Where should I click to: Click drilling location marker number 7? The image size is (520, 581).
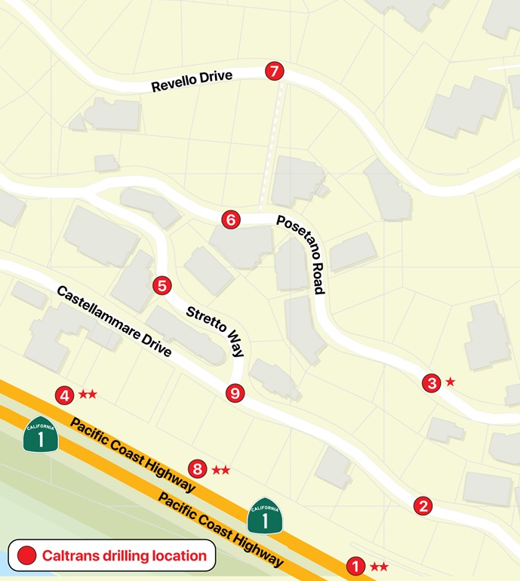pos(274,72)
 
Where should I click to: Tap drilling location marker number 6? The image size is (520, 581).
pos(231,220)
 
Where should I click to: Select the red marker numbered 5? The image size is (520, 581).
pos(162,285)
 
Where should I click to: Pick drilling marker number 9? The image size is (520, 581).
pos(235,392)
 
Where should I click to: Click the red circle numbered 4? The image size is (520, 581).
pos(65,395)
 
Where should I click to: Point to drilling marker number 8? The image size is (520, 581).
pos(197,469)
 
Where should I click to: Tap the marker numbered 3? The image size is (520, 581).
pos(431,383)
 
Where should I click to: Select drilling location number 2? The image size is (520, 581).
pos(423,506)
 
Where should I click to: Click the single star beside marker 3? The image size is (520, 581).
pos(451,382)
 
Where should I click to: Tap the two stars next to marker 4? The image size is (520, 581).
pos(88,394)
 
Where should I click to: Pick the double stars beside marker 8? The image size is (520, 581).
pos(220,469)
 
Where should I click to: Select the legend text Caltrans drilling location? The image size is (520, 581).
pos(124,556)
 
